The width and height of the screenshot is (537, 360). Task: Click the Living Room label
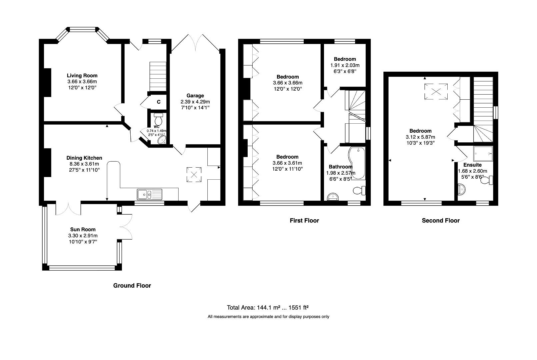coord(82,76)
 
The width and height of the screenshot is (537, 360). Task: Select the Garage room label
coord(195,96)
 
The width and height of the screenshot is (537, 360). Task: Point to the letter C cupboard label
coord(159,102)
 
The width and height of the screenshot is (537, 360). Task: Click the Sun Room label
coord(83,229)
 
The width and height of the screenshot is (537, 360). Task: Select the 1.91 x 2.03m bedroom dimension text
coord(345,65)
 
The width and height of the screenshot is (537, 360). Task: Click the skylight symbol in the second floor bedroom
coord(436,91)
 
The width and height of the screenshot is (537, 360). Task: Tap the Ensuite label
coord(472,165)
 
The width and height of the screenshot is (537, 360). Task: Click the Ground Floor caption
coord(132,286)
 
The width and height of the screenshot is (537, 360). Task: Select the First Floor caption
coord(304,221)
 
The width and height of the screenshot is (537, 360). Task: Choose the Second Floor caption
coord(440,221)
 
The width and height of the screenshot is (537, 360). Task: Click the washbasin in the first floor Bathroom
coord(333,197)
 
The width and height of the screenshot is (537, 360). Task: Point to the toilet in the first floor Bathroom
coord(359,191)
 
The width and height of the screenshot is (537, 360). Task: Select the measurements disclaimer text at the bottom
coord(268,317)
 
